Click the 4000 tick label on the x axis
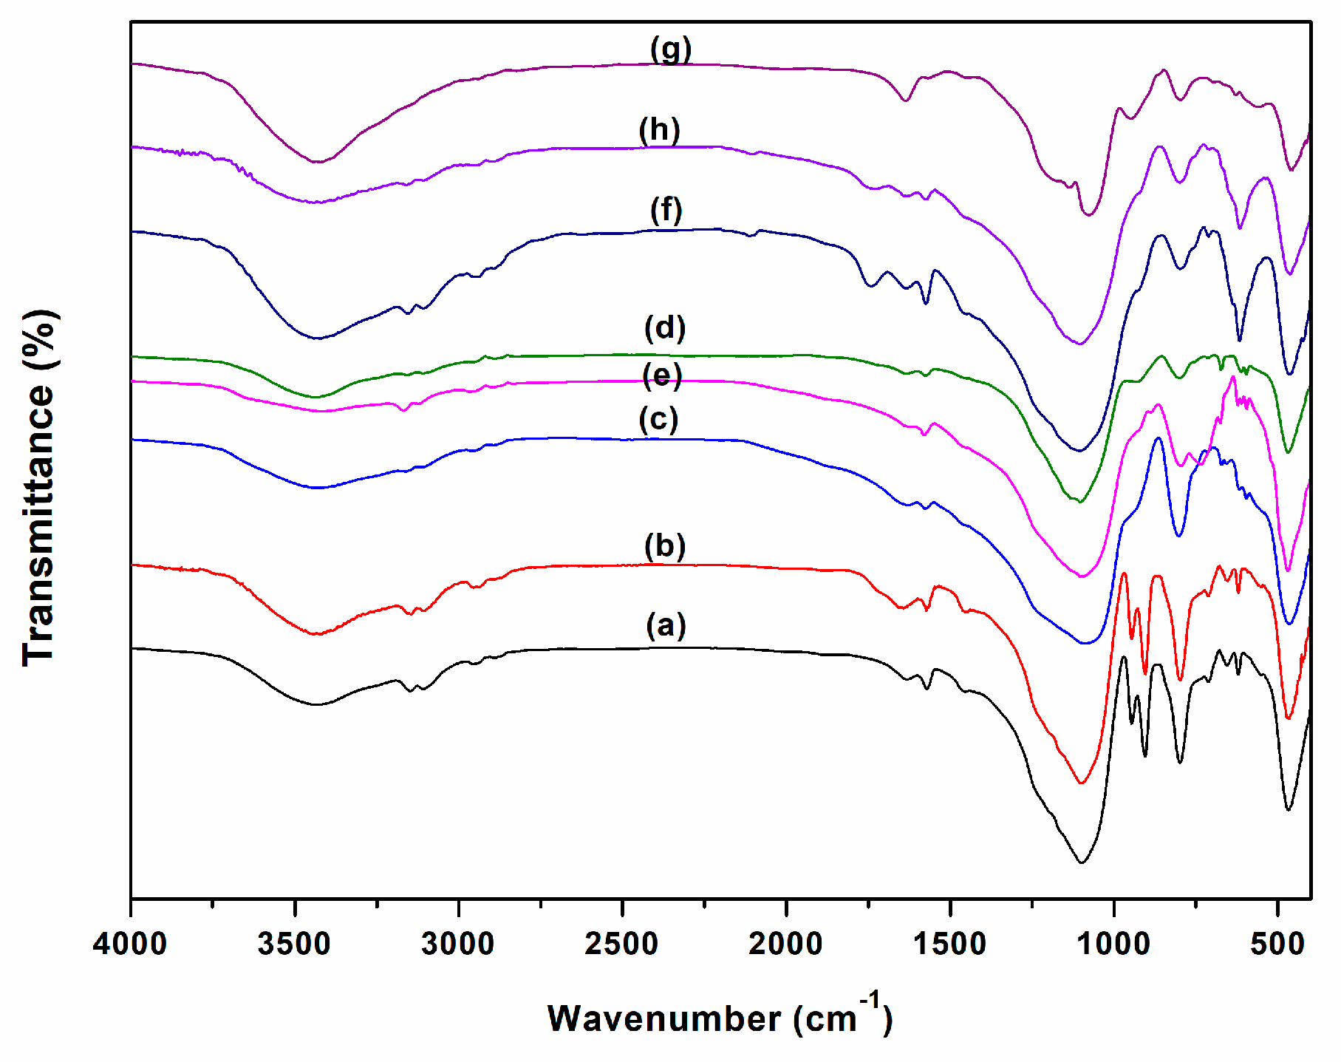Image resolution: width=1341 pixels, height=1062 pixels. (130, 944)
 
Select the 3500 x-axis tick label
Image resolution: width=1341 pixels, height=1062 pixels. (294, 944)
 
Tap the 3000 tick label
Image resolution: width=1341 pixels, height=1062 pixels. (458, 944)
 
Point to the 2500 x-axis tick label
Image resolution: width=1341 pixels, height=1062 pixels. (622, 944)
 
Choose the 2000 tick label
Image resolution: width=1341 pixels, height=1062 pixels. (785, 944)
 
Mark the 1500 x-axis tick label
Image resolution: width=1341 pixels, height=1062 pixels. (949, 944)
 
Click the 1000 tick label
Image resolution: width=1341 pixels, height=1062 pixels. (1113, 944)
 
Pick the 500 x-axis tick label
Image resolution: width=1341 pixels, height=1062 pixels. (1277, 944)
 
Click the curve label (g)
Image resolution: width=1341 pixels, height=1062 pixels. (671, 50)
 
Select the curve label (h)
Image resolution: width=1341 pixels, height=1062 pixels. (660, 130)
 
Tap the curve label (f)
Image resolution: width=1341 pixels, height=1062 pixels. (666, 210)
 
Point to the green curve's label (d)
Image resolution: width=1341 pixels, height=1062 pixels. (665, 327)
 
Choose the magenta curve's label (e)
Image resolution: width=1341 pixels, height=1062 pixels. (662, 375)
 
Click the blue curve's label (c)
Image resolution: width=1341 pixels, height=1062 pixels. (658, 419)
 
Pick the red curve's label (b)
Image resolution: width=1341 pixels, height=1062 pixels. (665, 546)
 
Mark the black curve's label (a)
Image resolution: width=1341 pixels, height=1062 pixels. (666, 625)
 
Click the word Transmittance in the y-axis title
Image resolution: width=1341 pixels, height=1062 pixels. (38, 524)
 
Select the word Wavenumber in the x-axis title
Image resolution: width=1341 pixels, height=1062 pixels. (663, 1019)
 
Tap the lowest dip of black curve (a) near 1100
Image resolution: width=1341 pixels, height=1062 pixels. (1082, 862)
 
